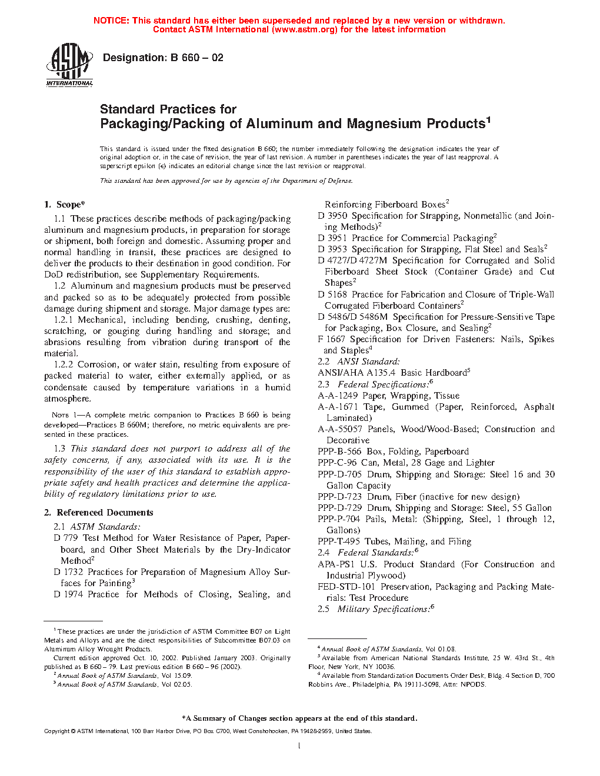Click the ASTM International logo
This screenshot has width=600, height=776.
69,65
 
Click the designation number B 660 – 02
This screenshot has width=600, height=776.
196,58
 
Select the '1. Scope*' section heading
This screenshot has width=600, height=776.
65,205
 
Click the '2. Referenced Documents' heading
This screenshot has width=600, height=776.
99,513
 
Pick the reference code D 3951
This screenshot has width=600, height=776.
332,238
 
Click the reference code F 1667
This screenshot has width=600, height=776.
332,339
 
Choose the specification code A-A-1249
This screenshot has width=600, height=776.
338,396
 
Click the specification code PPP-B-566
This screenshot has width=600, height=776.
339,451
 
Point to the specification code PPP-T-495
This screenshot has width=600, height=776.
339,541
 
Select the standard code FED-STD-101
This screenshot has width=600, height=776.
346,587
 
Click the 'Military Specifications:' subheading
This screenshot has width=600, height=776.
383,610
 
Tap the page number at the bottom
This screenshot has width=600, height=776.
299,746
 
